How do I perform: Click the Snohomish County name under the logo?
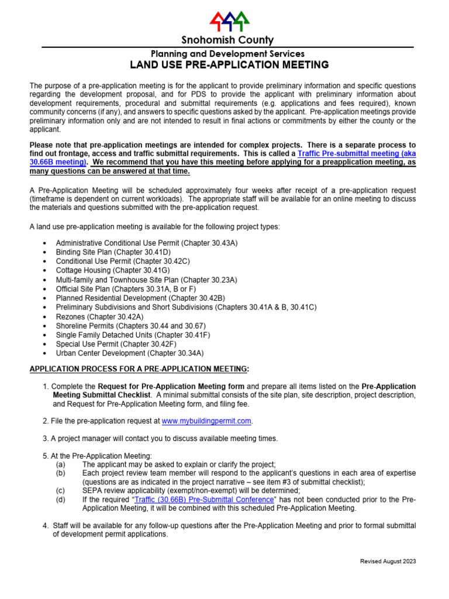227,40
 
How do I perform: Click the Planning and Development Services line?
227,54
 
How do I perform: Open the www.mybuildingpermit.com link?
206,421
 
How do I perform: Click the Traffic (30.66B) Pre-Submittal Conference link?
204,500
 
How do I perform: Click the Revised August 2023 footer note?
388,562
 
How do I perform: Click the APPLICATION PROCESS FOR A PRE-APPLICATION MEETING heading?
139,369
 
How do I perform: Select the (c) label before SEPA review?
61,490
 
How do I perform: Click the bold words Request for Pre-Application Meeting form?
171,387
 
